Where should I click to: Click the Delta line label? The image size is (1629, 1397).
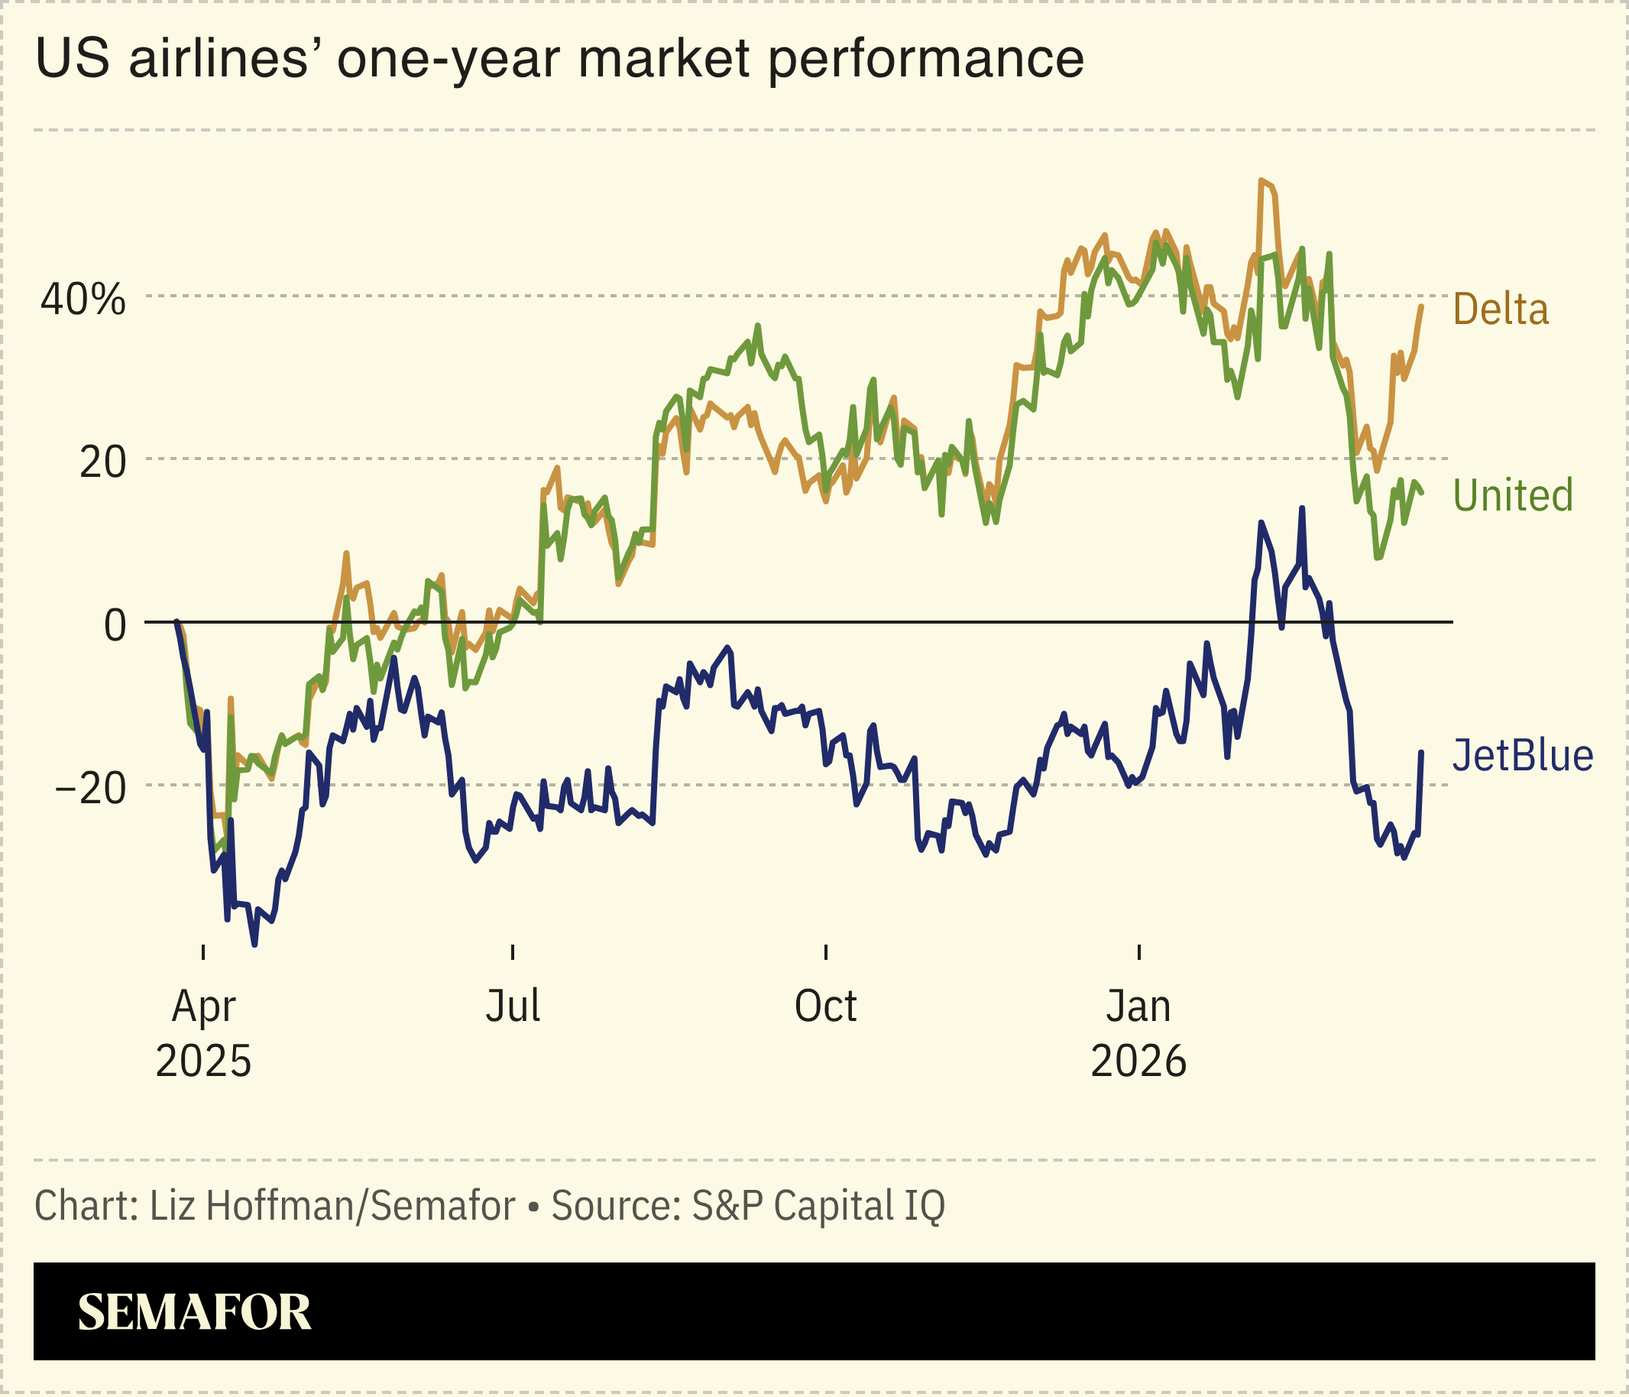point(1500,310)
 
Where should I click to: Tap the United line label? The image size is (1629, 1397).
point(1512,496)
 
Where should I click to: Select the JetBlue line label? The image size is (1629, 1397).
point(1522,756)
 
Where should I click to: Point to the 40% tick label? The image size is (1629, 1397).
point(83,300)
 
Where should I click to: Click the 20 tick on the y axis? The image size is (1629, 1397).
point(102,462)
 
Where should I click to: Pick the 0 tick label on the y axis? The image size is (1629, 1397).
point(115,626)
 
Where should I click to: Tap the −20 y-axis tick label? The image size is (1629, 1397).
point(90,789)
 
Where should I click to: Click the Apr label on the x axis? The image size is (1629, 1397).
point(203,1006)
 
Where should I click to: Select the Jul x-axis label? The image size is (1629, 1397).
point(513,1006)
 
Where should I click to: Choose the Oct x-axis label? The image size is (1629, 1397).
point(824,1006)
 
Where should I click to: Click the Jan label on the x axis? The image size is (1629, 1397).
point(1138,1006)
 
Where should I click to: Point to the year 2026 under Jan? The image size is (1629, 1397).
point(1138,1062)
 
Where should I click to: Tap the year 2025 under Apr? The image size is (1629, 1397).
point(203,1062)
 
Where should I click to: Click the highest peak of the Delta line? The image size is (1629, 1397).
point(1261,181)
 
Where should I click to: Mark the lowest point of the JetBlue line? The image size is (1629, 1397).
point(254,944)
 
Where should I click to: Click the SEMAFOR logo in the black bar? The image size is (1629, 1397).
point(194,1312)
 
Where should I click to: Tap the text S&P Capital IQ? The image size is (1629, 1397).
point(818,1206)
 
